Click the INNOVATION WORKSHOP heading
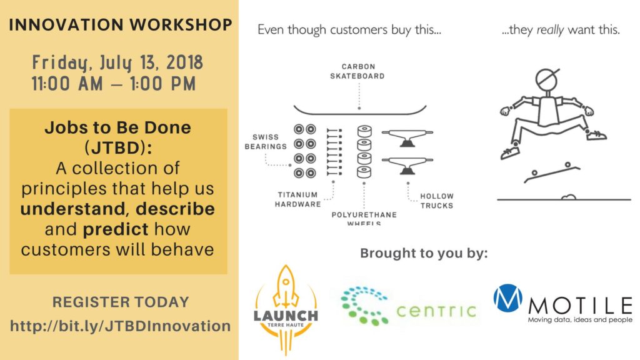(121, 25)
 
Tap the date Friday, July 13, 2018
(117, 63)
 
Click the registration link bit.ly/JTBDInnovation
(121, 326)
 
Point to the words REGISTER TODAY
(121, 302)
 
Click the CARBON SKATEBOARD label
(357, 71)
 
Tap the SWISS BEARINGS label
(266, 142)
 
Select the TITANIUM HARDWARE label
(298, 199)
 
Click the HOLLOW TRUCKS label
(437, 201)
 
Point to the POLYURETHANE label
(364, 215)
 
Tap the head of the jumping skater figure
(546, 80)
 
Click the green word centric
(436, 311)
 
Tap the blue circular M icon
(507, 298)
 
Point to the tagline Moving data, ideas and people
(580, 320)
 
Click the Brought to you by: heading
(424, 254)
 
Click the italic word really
(550, 30)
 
